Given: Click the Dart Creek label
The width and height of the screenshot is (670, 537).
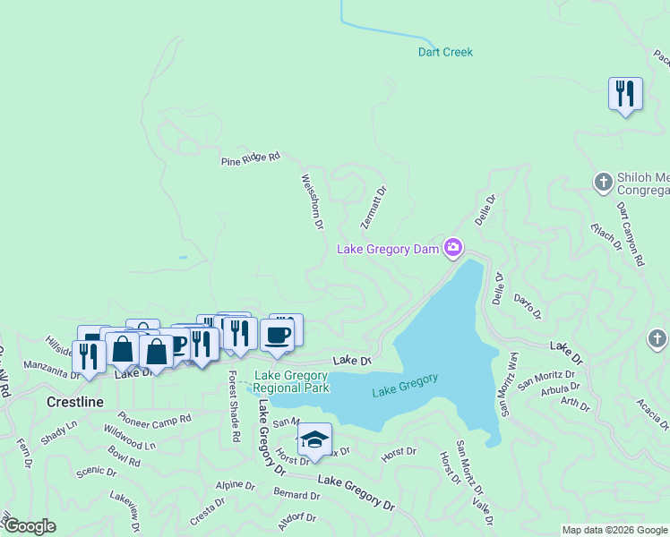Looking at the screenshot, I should tap(445, 52).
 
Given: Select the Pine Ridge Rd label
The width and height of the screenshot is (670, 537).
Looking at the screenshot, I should tap(251, 158).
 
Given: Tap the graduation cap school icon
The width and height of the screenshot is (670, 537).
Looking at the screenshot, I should tap(314, 440).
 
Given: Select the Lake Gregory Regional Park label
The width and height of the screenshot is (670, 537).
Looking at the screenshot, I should tap(290, 381).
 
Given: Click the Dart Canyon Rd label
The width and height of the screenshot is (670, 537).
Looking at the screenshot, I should tap(631, 234).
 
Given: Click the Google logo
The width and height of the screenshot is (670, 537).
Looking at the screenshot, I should tap(30, 526).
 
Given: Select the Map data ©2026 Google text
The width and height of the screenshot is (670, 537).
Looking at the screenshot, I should tap(614, 530).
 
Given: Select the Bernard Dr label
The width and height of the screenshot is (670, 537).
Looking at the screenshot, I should tap(296, 495).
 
